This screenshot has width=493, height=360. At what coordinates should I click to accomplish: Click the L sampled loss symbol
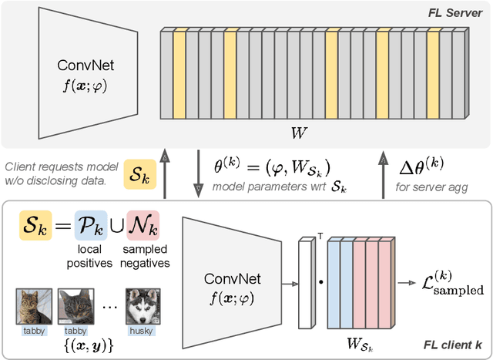(x=455, y=284)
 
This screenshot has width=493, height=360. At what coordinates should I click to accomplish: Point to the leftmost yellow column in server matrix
(x=179, y=76)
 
